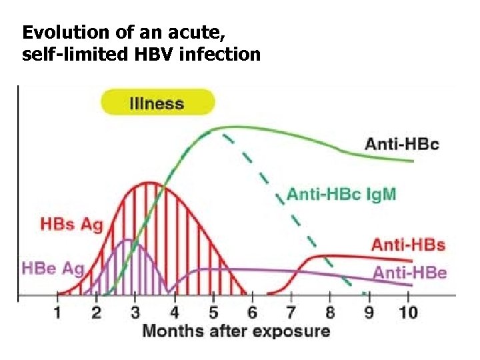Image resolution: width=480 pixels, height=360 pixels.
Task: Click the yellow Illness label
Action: tap(157, 103)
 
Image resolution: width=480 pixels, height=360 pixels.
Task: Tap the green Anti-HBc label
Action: tap(402, 143)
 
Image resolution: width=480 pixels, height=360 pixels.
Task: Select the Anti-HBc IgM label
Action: tap(341, 195)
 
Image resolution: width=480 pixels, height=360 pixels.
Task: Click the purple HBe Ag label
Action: tap(53, 269)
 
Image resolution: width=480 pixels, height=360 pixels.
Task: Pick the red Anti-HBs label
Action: tap(407, 245)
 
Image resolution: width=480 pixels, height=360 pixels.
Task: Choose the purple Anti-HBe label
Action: tap(409, 272)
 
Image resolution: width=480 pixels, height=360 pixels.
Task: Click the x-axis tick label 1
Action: tap(58, 312)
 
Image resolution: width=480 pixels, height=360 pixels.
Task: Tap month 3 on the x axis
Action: tap(135, 312)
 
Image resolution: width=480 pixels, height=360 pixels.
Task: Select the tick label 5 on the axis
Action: tap(213, 312)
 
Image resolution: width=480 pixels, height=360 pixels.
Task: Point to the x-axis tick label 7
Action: tap(291, 312)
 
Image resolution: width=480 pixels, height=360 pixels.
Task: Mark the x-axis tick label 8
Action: tap(330, 312)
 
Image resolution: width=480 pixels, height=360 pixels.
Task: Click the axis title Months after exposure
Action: tap(236, 331)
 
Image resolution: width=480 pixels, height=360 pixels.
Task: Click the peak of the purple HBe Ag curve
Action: tap(125, 240)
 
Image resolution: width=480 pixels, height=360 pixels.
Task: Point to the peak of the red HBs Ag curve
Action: tap(150, 182)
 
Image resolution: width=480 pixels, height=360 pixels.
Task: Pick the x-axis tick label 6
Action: tap(252, 312)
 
